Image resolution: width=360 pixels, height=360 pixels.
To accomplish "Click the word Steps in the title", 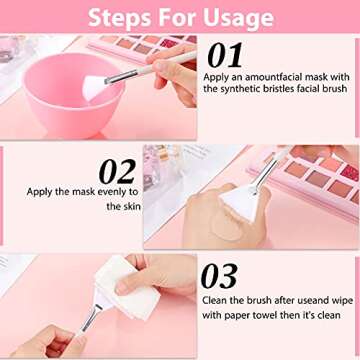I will click(x=124, y=17).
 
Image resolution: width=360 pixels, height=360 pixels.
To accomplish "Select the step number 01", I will click(x=222, y=55).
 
